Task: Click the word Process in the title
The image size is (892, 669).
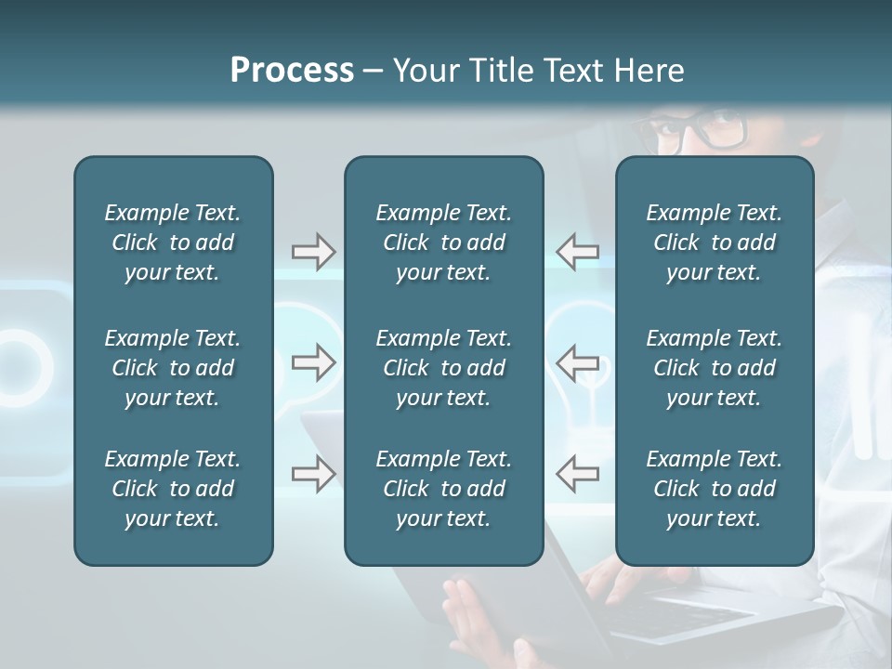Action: tap(292, 71)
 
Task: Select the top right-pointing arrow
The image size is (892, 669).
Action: tap(313, 252)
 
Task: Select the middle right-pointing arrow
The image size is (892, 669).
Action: tap(313, 362)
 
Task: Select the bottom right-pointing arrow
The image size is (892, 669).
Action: tap(313, 474)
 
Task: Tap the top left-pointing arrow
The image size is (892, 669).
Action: tap(577, 252)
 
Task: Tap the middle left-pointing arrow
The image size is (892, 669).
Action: tap(577, 362)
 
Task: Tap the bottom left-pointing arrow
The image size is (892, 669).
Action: tap(577, 474)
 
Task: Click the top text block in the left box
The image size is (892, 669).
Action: tap(173, 243)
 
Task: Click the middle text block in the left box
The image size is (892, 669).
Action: tap(173, 368)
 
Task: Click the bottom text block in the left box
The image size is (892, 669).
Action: tap(173, 489)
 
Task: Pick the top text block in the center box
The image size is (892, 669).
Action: tap(443, 243)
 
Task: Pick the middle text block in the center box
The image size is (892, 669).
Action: tap(443, 368)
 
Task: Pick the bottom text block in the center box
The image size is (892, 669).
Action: tap(443, 489)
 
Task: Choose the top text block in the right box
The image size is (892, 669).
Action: tap(714, 243)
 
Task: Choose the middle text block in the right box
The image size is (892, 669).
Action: tap(714, 368)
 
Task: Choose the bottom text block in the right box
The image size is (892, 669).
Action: tap(714, 489)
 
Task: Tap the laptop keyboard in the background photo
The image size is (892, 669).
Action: tap(678, 609)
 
